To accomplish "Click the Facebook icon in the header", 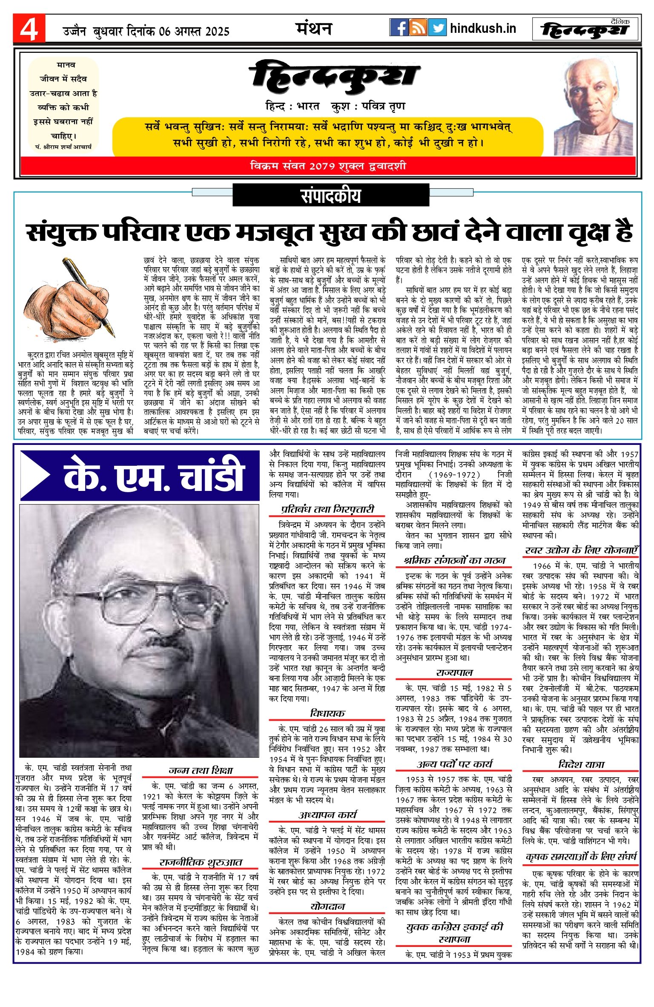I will (x=399, y=28).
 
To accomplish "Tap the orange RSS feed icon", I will (x=418, y=28).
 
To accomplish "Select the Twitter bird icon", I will (x=437, y=28).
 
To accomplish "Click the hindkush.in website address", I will (x=483, y=29).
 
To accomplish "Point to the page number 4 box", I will (x=29, y=29).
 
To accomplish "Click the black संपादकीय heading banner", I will (x=330, y=196).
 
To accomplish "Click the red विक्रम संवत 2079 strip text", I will (x=328, y=166).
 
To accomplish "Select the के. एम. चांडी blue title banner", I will (x=141, y=475).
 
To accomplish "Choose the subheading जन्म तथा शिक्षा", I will (x=201, y=770).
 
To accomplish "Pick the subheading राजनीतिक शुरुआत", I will (x=201, y=862).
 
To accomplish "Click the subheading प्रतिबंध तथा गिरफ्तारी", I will (x=327, y=509).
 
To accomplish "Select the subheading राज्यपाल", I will (x=454, y=672).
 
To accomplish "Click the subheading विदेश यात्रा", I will (x=581, y=764).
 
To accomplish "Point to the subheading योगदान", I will (x=327, y=906).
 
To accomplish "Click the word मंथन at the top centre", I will (x=314, y=29).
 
